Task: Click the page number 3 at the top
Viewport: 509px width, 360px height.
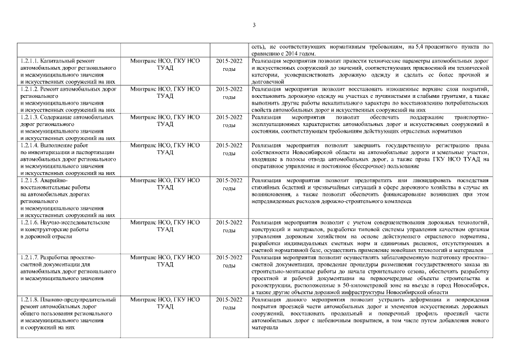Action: (x=254, y=25)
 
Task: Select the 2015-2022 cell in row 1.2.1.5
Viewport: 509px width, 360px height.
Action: (x=229, y=180)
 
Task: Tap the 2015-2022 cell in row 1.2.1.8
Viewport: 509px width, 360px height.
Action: (x=229, y=299)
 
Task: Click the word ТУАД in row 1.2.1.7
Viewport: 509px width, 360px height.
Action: (x=165, y=264)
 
